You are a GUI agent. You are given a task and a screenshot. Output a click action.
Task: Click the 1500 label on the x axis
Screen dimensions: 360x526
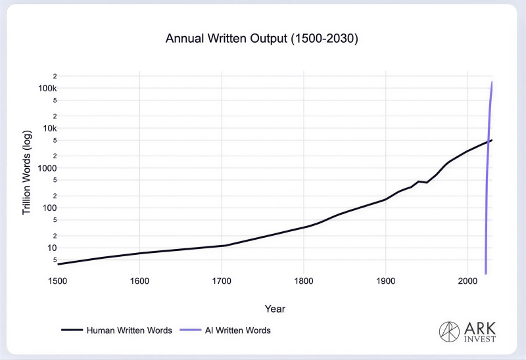click(57, 282)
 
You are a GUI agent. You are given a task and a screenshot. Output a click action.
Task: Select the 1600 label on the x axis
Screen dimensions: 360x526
click(139, 282)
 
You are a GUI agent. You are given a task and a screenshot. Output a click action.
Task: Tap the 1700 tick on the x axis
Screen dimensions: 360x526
click(222, 282)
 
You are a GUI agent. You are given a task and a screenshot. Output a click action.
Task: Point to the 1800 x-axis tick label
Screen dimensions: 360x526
click(304, 282)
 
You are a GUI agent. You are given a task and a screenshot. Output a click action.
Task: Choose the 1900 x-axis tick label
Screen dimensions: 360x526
click(385, 282)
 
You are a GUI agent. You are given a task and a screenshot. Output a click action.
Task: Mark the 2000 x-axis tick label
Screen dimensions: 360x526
click(467, 282)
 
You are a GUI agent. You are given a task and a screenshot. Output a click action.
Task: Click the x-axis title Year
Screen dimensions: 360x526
click(275, 308)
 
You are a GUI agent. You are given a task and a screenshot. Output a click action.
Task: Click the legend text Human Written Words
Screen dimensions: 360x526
click(129, 330)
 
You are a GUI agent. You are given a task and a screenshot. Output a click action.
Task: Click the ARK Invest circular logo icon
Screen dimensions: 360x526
click(450, 331)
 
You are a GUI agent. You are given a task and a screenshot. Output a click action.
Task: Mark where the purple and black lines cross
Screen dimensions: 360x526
click(487, 142)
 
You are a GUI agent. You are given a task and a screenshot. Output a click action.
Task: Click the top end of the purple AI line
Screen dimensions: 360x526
click(492, 81)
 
